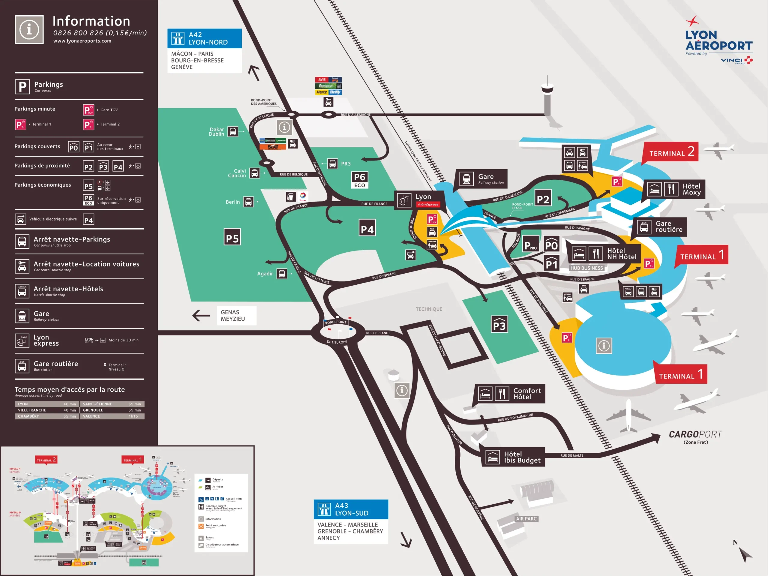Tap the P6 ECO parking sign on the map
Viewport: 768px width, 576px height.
360,180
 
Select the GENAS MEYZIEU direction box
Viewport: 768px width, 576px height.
236,315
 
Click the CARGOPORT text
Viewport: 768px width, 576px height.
695,434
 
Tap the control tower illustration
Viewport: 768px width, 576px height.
547,95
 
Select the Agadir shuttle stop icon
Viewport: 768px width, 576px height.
282,274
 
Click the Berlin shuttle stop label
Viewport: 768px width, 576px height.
232,202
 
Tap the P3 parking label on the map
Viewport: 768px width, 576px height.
499,325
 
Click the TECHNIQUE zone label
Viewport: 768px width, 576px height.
429,309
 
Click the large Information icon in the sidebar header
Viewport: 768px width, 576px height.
29,29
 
